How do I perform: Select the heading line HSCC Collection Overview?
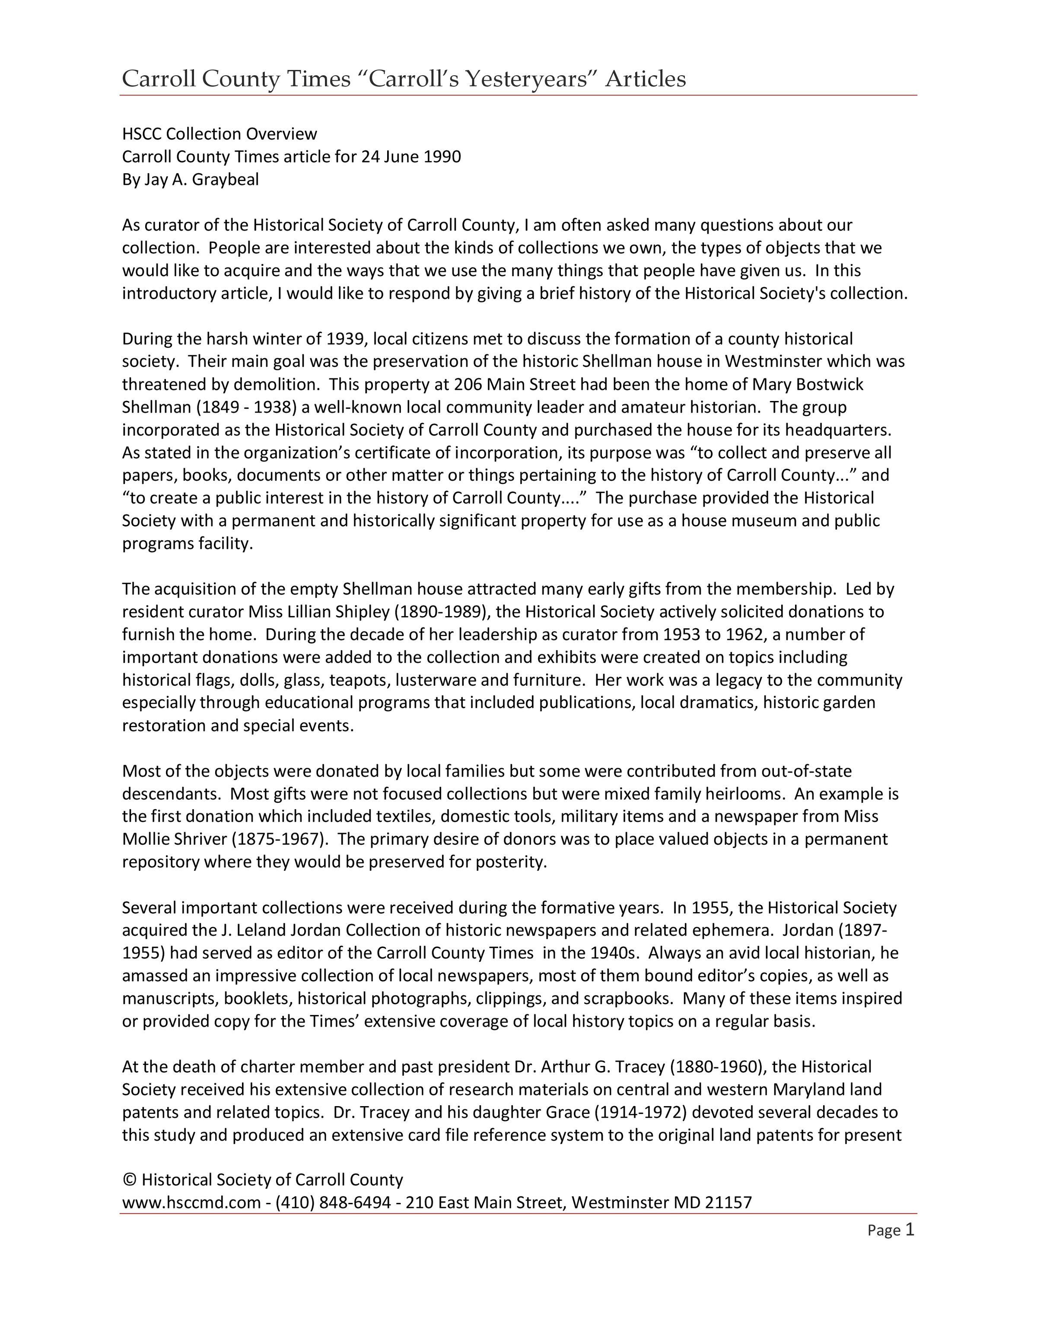pos(219,134)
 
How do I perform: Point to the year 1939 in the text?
pos(346,339)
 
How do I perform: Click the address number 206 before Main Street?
pos(468,384)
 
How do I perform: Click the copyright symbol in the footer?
pos(129,1180)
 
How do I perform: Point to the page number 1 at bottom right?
pos(910,1230)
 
